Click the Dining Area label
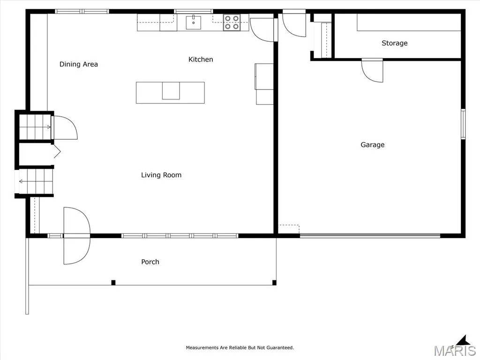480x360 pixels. coord(79,64)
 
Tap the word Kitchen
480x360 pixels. coord(201,60)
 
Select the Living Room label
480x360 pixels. coord(161,175)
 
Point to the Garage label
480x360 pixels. coord(373,145)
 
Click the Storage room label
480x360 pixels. coord(395,43)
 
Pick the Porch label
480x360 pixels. coord(150,262)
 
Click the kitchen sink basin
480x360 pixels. coord(194,22)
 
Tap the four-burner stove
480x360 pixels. coord(232,22)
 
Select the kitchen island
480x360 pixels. coord(170,92)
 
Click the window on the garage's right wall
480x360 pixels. coord(463,124)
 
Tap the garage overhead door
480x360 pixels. coord(370,235)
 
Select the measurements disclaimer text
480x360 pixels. coord(240,347)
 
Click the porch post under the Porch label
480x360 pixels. coord(113,283)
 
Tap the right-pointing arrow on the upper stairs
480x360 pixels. coord(48,127)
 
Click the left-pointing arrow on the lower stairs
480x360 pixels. coord(21,181)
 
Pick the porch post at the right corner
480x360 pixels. coord(274,283)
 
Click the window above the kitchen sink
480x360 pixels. coord(194,12)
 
